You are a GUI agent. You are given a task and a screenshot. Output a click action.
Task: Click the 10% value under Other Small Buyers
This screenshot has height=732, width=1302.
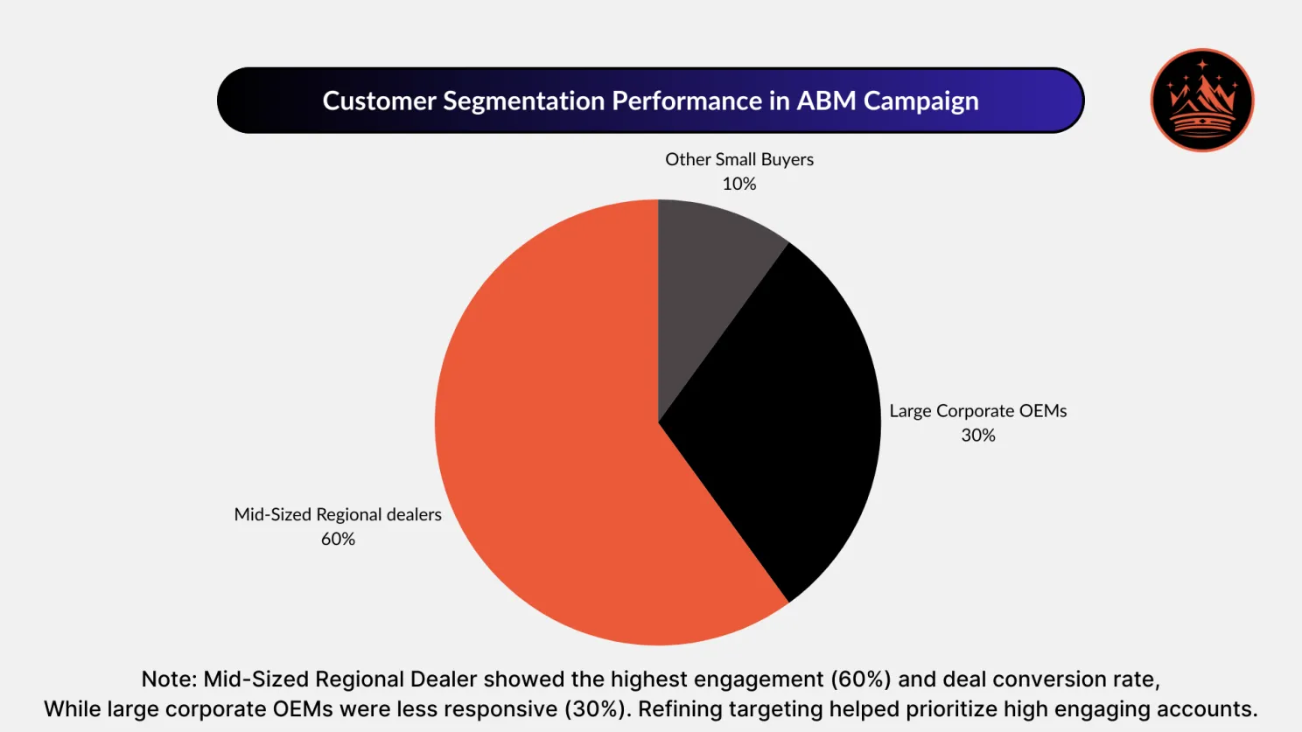739,184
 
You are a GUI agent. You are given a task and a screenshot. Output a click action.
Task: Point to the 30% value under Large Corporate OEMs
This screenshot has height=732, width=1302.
978,436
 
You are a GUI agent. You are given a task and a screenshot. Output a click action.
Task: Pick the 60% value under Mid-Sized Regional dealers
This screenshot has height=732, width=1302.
338,539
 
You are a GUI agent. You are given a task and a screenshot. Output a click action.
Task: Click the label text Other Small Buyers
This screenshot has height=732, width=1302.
739,159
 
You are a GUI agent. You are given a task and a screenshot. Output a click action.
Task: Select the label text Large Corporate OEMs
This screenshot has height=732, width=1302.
978,411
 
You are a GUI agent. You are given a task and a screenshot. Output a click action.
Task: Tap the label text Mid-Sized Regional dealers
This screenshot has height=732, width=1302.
338,514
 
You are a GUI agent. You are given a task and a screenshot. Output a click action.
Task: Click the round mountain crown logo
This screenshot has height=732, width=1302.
1202,101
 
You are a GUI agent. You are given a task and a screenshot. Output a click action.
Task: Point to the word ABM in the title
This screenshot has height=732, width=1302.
826,101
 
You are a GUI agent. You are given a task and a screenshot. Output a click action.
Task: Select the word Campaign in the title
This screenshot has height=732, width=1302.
920,101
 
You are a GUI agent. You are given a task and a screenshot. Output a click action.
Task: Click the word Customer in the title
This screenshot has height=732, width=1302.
379,101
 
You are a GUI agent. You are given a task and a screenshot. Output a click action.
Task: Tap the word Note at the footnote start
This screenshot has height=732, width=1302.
168,680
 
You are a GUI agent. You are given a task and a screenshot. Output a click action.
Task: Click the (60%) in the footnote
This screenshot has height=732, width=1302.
861,680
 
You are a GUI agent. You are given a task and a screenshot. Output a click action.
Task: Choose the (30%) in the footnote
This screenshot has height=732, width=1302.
597,709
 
